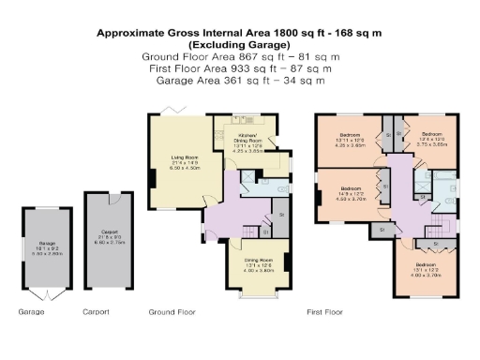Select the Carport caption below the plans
[97, 311]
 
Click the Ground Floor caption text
[172, 311]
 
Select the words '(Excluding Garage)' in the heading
[240, 44]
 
